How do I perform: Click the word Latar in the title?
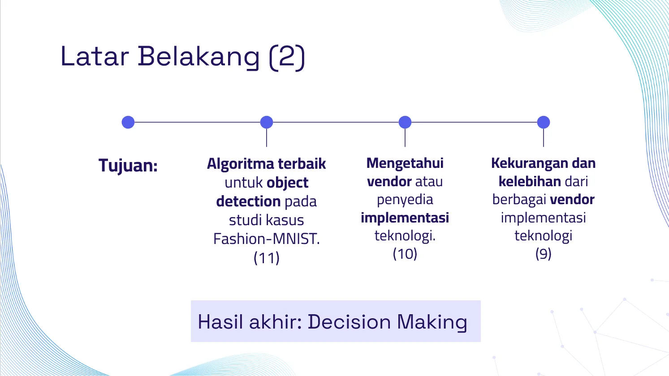tap(95, 56)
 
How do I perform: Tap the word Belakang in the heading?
tap(199, 58)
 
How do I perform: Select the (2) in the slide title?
tap(287, 57)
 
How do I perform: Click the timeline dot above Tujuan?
tap(128, 122)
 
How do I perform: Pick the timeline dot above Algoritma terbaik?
tap(267, 122)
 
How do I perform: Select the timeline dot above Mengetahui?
tap(405, 122)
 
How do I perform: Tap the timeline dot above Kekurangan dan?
tap(543, 122)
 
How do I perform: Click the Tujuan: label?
tap(128, 166)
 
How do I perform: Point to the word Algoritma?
tap(241, 164)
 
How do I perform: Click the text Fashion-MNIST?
tap(267, 239)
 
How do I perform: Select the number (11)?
tap(267, 257)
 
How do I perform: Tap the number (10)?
tap(405, 254)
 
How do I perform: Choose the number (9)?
tap(543, 254)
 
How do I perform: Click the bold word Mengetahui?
tap(405, 163)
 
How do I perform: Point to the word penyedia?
tap(405, 200)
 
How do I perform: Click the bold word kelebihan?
tap(530, 181)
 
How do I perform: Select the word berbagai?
tap(519, 200)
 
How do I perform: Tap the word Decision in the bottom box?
tap(350, 322)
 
